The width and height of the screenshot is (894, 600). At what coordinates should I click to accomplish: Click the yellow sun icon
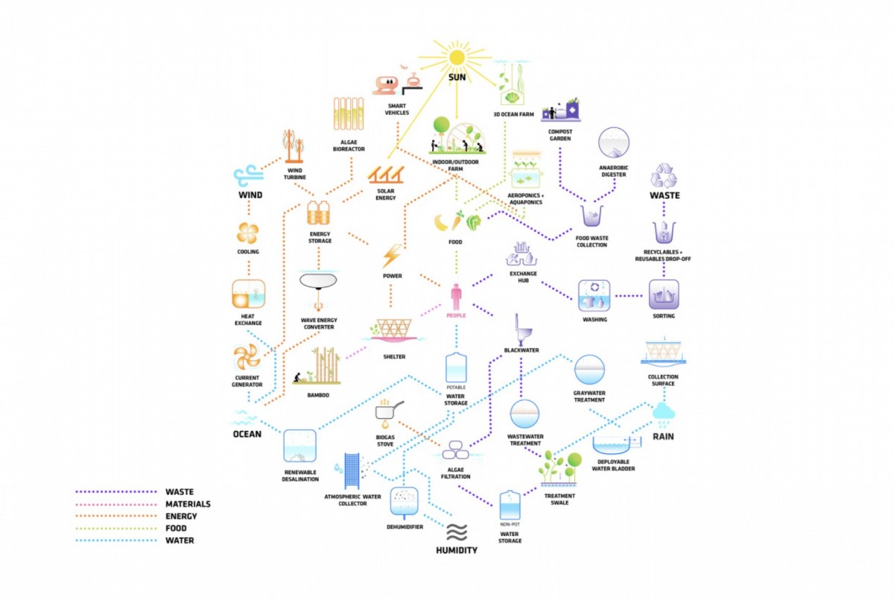click(456, 57)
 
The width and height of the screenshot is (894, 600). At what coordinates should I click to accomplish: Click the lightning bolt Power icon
click(392, 255)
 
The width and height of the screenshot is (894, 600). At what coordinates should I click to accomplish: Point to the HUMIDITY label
click(456, 550)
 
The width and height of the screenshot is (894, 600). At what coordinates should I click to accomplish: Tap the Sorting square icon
click(663, 295)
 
